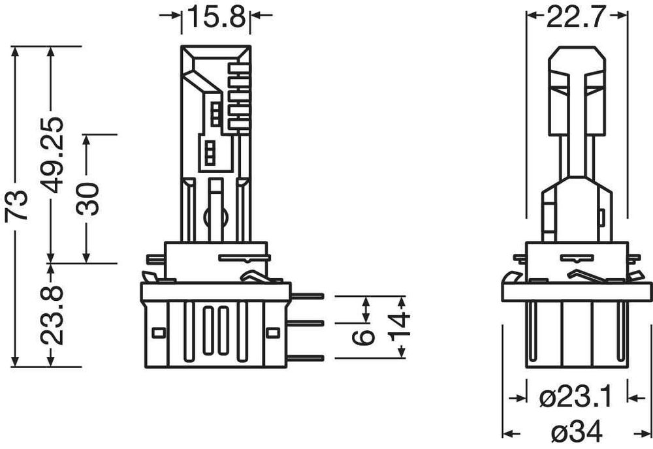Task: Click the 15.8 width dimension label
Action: click(217, 16)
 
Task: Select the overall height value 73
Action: click(15, 207)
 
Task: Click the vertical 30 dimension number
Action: click(88, 198)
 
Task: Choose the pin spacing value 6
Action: click(366, 335)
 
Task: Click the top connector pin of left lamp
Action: click(307, 297)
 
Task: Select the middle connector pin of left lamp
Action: click(307, 322)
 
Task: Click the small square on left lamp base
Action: click(157, 332)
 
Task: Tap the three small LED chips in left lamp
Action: click(210, 151)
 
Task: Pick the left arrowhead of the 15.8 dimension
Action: click(177, 16)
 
